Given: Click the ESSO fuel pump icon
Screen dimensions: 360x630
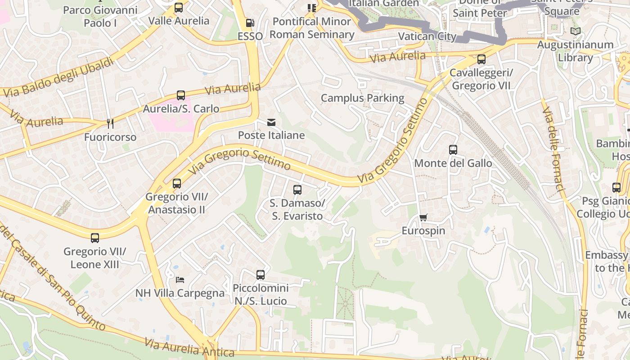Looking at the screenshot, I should [250, 23].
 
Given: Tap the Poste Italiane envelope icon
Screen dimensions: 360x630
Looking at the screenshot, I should [271, 122].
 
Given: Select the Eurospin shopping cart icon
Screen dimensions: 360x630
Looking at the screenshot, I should [423, 218].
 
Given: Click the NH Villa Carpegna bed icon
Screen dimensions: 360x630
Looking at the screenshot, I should [180, 280].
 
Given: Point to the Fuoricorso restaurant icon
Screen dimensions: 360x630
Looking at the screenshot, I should [110, 123].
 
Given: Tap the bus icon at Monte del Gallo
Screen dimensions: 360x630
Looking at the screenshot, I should [453, 150].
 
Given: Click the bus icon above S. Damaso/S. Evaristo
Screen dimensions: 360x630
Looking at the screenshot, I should [297, 190].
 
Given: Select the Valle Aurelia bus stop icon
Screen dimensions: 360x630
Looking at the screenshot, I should [179, 8].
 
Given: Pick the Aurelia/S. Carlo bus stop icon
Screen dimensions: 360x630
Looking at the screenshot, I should [181, 95].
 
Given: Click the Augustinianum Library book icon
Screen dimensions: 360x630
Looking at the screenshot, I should [575, 31].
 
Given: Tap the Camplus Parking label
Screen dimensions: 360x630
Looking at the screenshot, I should [362, 98].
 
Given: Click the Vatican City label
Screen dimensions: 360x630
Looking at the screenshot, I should [427, 36].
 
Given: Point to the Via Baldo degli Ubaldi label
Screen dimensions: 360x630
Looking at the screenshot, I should [59, 77].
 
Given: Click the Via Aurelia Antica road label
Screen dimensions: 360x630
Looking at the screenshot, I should [189, 347].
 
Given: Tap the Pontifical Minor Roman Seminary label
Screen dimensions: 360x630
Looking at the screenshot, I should [312, 28].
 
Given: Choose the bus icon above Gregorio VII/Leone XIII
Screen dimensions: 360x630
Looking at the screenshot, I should [95, 238].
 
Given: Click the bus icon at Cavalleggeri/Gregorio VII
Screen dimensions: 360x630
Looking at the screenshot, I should [481, 59].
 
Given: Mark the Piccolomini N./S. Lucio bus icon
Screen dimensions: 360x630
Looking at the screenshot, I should [261, 274].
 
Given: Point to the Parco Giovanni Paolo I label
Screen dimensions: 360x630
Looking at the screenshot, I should [100, 16].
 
